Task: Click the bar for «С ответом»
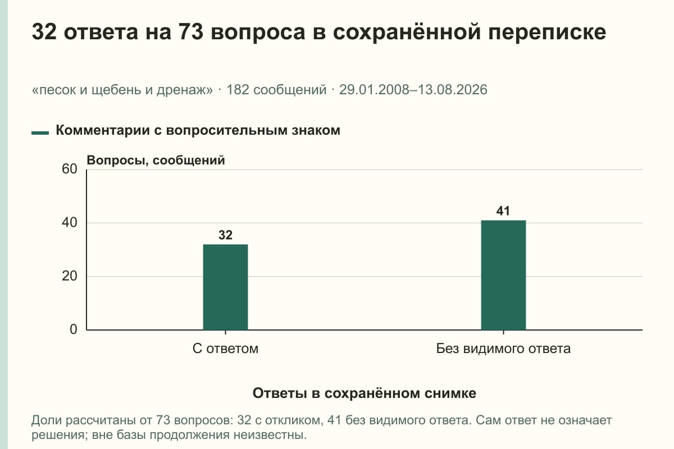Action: click(225, 287)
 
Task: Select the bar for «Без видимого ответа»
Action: click(503, 275)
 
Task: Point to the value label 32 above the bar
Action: click(225, 235)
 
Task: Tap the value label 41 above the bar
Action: click(503, 211)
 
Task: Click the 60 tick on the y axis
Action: click(70, 169)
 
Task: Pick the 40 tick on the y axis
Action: click(70, 223)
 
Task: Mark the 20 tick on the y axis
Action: click(70, 276)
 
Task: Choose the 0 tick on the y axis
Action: click(74, 329)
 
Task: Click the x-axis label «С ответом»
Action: click(225, 349)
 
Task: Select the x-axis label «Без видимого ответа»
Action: click(503, 349)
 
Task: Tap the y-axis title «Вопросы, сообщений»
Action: click(156, 161)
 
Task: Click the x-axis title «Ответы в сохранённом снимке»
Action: click(365, 393)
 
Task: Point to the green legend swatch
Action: click(40, 132)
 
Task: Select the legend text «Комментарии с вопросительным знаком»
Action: click(198, 130)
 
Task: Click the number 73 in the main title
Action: click(191, 31)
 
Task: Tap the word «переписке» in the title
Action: click(547, 33)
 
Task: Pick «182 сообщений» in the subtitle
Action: click(276, 90)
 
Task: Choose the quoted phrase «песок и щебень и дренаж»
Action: click(122, 90)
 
